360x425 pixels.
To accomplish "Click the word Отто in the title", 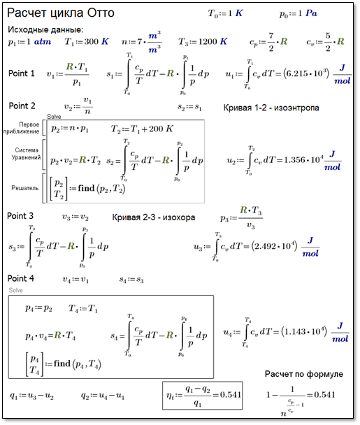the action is point(101,13).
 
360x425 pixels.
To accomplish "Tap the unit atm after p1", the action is point(43,42).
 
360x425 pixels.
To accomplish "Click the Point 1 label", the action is point(22,73).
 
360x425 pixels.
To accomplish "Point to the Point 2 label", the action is point(22,106).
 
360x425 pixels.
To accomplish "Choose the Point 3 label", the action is point(20,216).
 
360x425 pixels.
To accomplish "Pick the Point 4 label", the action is point(21,278).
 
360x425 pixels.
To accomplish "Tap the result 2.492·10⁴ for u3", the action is point(274,246).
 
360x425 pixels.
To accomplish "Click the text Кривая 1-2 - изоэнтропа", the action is point(271,108).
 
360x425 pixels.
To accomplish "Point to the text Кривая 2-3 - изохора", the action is point(153,217).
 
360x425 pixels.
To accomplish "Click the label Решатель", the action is point(25,188).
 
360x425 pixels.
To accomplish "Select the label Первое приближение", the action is point(22,128).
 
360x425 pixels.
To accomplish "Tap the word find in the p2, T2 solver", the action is point(86,188).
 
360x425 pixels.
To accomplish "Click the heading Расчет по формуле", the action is point(304,374).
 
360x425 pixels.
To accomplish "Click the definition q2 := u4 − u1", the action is point(103,396).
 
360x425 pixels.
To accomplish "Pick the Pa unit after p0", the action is point(312,13).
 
